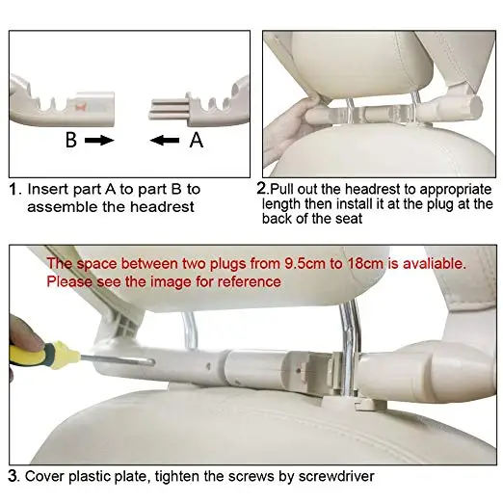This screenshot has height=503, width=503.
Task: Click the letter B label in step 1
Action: coord(71,140)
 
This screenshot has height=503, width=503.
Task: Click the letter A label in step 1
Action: coord(197,140)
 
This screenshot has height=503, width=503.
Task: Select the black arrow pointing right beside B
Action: coord(99,141)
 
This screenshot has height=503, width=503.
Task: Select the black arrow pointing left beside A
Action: coord(165,141)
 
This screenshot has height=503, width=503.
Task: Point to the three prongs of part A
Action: coord(169,110)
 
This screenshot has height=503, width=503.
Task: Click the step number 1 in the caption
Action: coord(13,189)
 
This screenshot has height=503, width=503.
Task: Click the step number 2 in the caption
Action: coord(261,189)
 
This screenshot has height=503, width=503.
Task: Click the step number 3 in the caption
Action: coord(13,476)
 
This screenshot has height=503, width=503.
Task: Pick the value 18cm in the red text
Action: coord(365,264)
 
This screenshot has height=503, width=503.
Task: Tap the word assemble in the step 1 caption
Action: coord(63,206)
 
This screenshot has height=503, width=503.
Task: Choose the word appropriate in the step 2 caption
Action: coord(456,190)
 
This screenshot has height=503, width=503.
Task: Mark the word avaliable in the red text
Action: coord(434,264)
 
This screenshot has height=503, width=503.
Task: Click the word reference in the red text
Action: coord(250,281)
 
